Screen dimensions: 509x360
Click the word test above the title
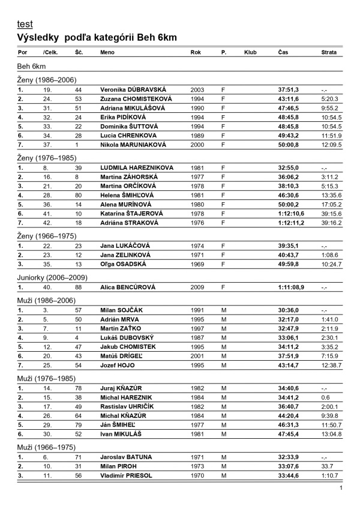[x=25, y=24]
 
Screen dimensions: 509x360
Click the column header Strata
[x=329, y=53]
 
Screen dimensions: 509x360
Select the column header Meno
[x=107, y=53]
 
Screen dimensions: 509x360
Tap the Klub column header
[x=250, y=53]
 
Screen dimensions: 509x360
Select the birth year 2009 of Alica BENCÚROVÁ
[x=197, y=288]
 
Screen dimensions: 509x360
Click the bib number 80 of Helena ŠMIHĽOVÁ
[x=78, y=196]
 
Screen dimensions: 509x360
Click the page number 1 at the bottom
[x=341, y=488]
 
